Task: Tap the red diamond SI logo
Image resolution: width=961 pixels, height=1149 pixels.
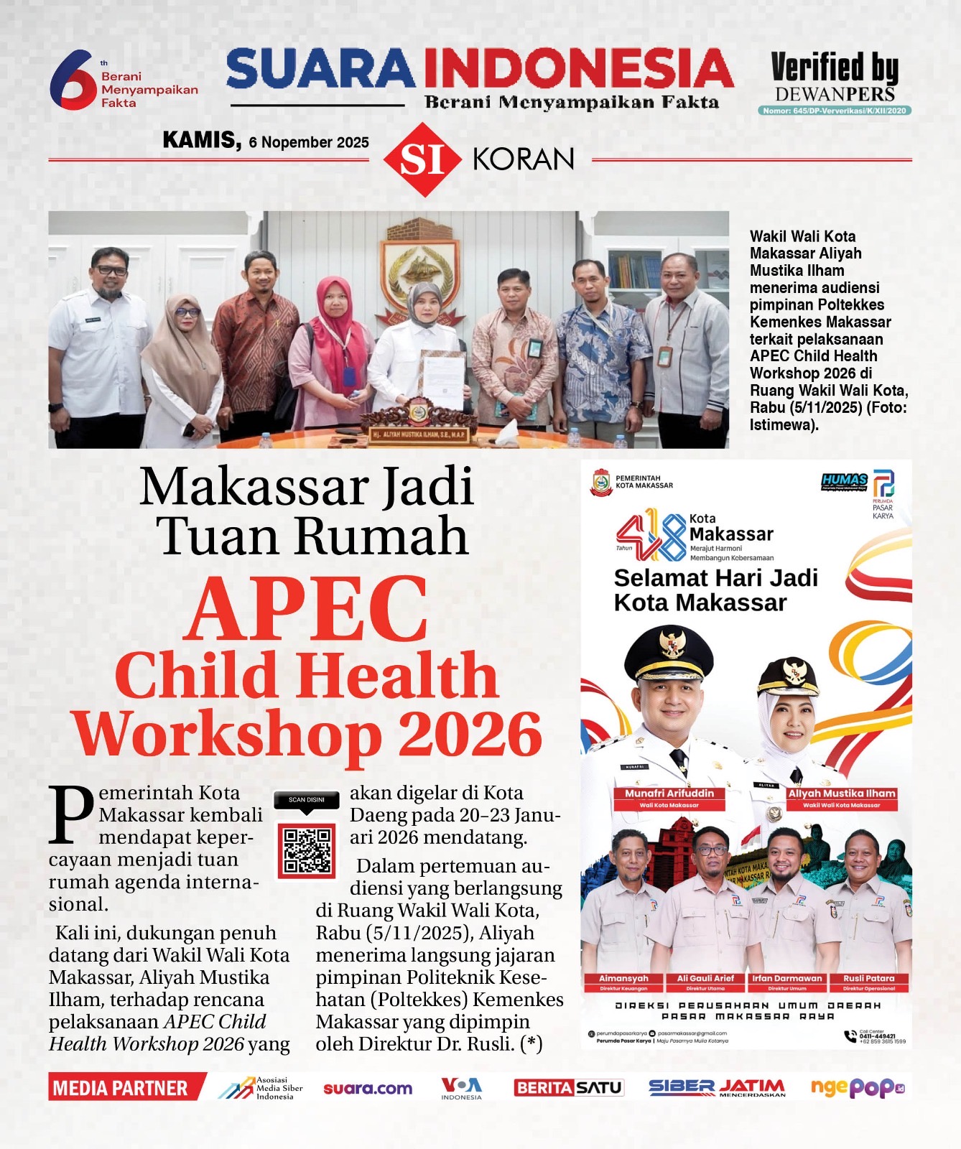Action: click(x=422, y=159)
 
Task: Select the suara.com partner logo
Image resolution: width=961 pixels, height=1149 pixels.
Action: click(x=368, y=1088)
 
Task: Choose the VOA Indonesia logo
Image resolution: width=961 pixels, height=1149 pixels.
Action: click(x=461, y=1088)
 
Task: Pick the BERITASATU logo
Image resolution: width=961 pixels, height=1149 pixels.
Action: click(x=568, y=1088)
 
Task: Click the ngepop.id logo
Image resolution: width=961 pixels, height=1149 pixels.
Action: click(x=857, y=1088)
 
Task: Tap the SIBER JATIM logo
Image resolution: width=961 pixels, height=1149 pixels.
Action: click(x=717, y=1088)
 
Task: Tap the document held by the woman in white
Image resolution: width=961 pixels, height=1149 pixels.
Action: click(x=441, y=378)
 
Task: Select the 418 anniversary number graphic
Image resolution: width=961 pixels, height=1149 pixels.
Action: click(x=651, y=535)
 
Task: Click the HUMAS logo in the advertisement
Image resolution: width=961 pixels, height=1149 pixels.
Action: click(x=844, y=481)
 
